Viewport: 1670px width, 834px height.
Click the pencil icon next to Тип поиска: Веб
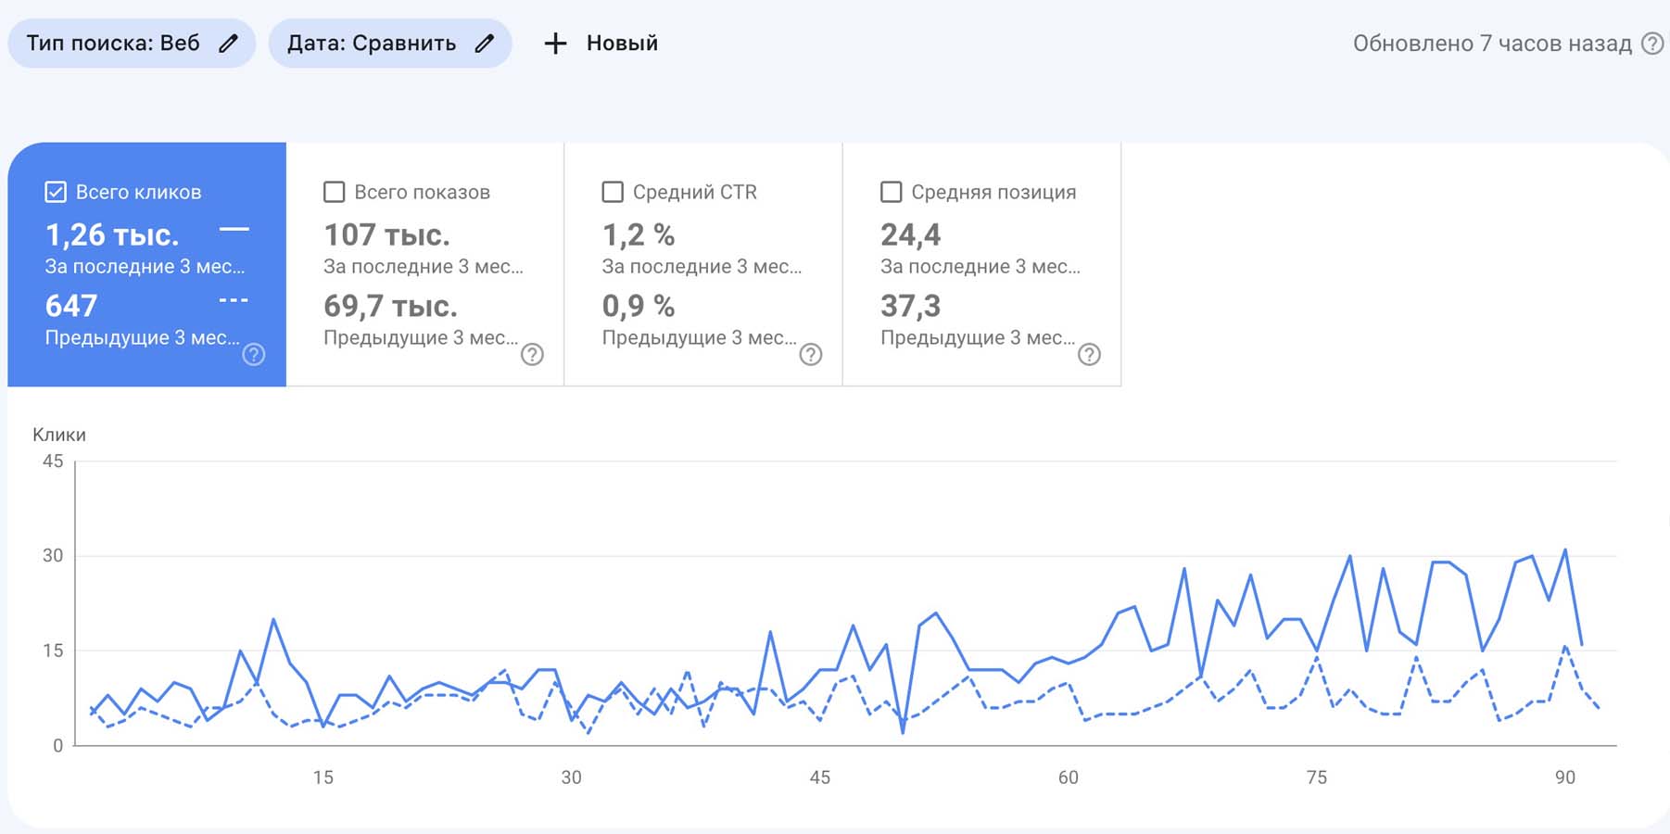pyautogui.click(x=228, y=44)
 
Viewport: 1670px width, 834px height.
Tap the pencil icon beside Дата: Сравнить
pyautogui.click(x=484, y=44)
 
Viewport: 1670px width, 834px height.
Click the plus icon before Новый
pyautogui.click(x=555, y=44)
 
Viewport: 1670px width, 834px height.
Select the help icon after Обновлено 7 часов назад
pyautogui.click(x=1652, y=44)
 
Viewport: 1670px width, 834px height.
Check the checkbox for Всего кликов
pyautogui.click(x=56, y=192)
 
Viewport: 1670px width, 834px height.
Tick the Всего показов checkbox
pyautogui.click(x=334, y=192)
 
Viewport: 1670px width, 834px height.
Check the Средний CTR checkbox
pyautogui.click(x=613, y=192)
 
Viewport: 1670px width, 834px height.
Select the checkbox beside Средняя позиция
pyautogui.click(x=891, y=192)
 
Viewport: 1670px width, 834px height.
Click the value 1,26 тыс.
pyautogui.click(x=112, y=234)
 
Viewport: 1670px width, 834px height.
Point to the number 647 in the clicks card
pyautogui.click(x=71, y=306)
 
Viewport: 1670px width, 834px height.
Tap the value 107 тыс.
pyautogui.click(x=386, y=234)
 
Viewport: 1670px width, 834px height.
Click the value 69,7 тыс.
pyautogui.click(x=390, y=306)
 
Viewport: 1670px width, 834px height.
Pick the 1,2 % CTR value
pyautogui.click(x=639, y=234)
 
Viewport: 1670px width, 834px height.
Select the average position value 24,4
pyautogui.click(x=910, y=235)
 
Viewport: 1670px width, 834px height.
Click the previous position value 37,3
pyautogui.click(x=910, y=307)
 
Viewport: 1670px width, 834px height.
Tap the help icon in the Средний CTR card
pyautogui.click(x=811, y=354)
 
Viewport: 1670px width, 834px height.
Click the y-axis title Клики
pyautogui.click(x=59, y=435)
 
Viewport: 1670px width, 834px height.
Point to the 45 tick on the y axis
pyautogui.click(x=53, y=461)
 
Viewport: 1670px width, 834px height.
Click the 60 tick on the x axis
pyautogui.click(x=1069, y=777)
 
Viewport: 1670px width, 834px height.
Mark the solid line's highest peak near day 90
pyautogui.click(x=1565, y=550)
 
